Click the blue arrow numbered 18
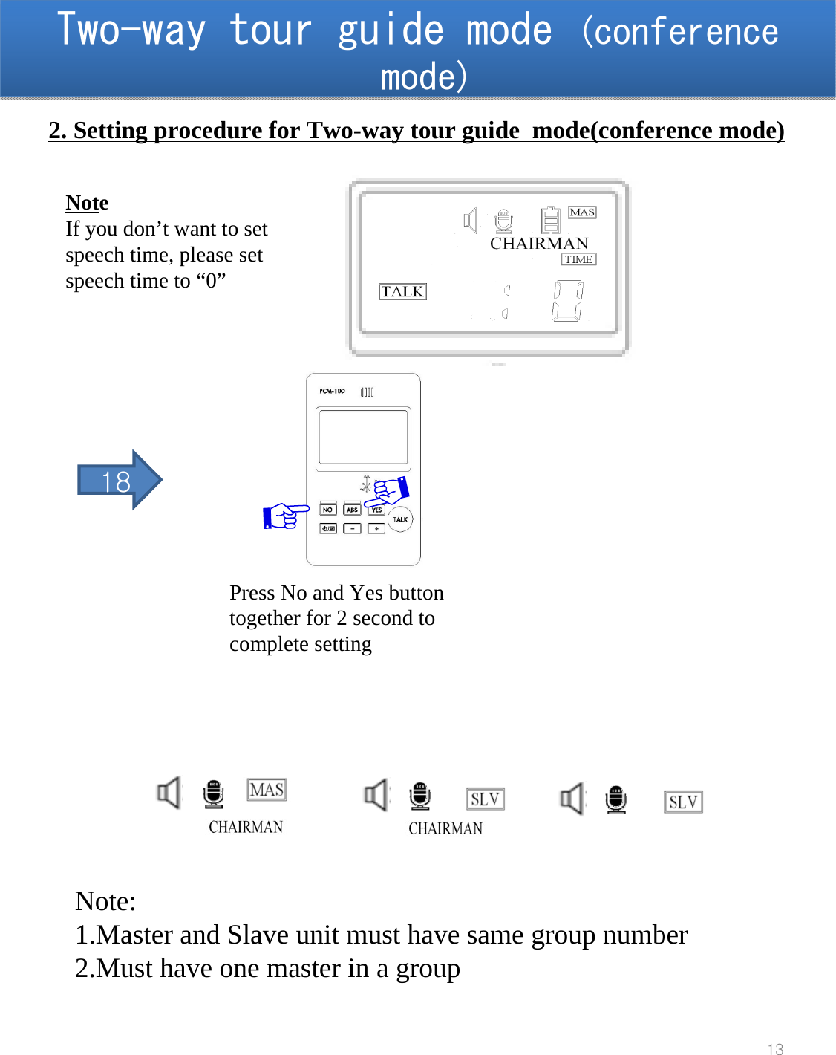click(119, 481)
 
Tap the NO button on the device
click(327, 510)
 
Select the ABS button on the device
click(352, 510)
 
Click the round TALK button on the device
click(400, 519)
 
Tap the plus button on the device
click(376, 528)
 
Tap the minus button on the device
click(352, 528)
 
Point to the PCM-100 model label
click(332, 391)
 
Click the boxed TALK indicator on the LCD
click(402, 291)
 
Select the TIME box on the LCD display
click(578, 259)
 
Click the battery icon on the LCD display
click(550, 220)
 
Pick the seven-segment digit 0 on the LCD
click(567, 301)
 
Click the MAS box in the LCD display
click(582, 212)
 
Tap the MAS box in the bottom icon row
click(267, 790)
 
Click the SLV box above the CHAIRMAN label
click(485, 799)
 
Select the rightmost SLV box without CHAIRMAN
click(683, 802)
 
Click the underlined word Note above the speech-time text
click(87, 203)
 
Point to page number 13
click(775, 1048)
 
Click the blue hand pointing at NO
click(284, 515)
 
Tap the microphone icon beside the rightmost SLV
click(615, 800)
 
